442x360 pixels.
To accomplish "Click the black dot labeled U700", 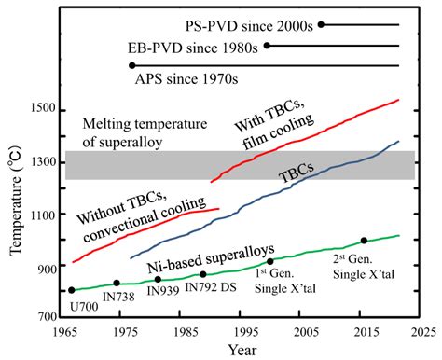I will (72, 290).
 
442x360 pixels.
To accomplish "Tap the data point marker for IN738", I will (117, 283).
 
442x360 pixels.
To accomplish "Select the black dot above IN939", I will (158, 279).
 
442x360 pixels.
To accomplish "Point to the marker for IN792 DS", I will (203, 274).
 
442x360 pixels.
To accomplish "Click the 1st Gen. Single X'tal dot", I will (270, 261).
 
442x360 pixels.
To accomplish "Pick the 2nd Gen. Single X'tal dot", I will (364, 241).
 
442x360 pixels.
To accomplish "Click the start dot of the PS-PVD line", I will (321, 24).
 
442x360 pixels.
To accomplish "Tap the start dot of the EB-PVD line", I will (267, 45).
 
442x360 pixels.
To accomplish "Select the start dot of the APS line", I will (132, 65).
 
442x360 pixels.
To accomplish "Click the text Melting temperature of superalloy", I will (142, 133).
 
